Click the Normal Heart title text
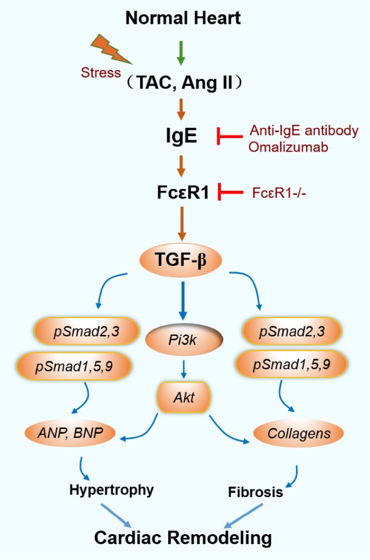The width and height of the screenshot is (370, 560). coord(184,18)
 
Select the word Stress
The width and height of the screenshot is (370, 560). coord(101,73)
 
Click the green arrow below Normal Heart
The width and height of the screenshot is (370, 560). coord(181,53)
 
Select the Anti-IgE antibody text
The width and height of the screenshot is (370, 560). coord(304,130)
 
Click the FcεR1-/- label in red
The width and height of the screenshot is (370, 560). coord(279,193)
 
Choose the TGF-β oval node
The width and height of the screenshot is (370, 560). coord(181,259)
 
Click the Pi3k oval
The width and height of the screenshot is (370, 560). coord(183,339)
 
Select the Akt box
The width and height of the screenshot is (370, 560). coord(184,398)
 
